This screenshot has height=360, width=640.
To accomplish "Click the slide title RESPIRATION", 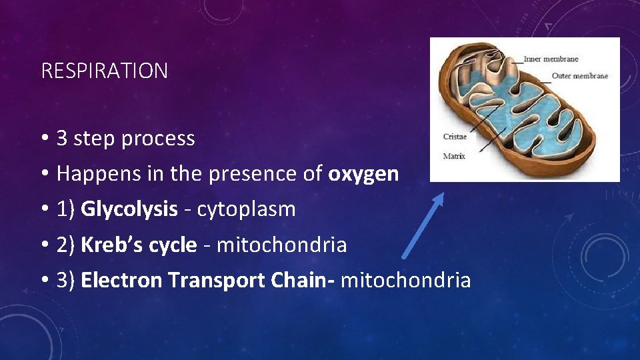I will (x=104, y=71).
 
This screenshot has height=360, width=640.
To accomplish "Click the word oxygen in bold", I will (x=363, y=174).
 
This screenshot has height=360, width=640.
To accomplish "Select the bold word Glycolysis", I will (x=129, y=209).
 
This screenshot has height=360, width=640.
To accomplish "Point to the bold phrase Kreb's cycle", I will (x=139, y=245).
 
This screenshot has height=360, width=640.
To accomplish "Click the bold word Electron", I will (x=121, y=280).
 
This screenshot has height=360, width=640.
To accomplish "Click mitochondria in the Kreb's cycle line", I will (x=282, y=245).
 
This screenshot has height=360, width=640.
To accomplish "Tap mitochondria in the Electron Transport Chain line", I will (x=405, y=280).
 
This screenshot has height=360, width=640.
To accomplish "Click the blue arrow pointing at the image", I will (x=422, y=225).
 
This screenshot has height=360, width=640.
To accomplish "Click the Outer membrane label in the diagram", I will (x=579, y=76).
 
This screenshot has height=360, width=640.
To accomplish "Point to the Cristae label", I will (x=455, y=137).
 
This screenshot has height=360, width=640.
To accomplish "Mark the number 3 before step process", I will (x=62, y=139).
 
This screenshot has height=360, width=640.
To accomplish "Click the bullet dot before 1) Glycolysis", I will (x=43, y=209).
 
